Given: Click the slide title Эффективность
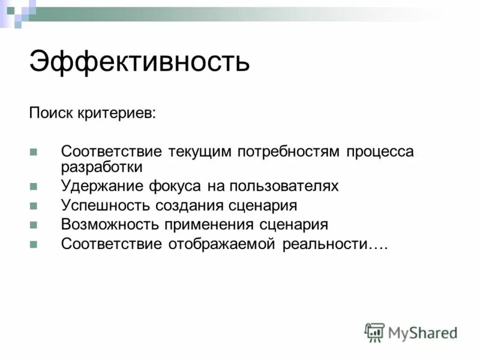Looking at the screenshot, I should pos(139,62).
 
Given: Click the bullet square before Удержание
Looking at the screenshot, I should pos(34,187).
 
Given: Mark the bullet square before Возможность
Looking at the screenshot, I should pos(34,225).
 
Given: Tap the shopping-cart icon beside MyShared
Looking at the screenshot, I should pos(374,332).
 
